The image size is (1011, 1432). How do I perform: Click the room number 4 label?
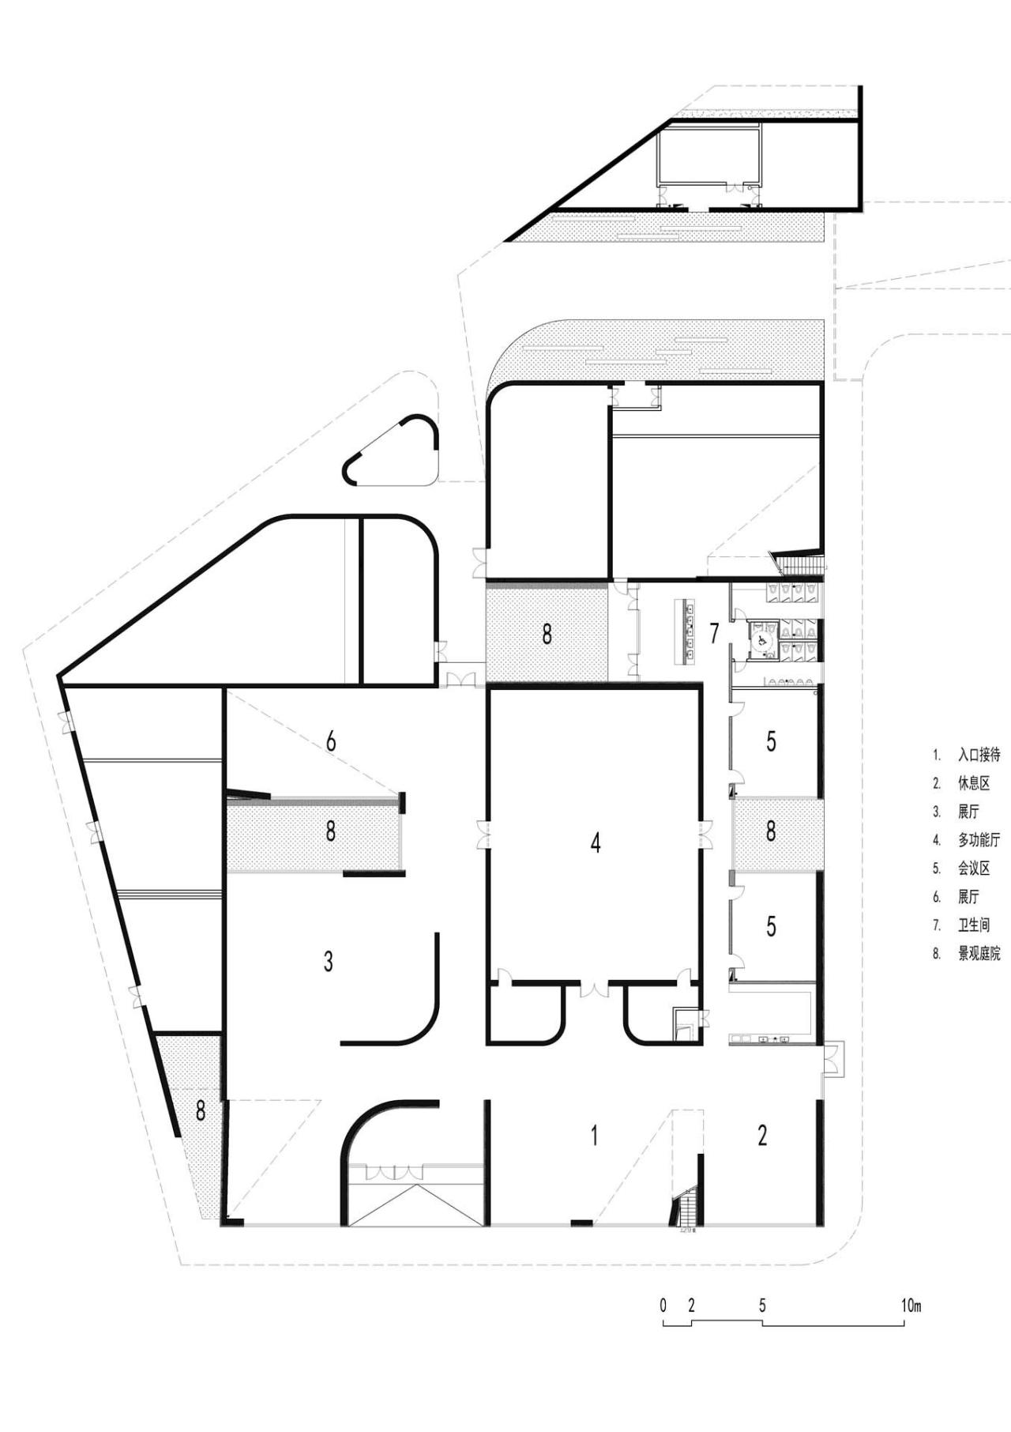click(x=596, y=842)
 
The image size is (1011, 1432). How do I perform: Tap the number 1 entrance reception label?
click(x=594, y=1136)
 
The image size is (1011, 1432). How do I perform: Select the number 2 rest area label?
click(x=762, y=1136)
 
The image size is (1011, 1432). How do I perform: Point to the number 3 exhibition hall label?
click(x=329, y=961)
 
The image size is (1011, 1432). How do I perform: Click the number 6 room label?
click(x=331, y=741)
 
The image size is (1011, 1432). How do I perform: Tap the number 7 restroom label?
click(x=715, y=633)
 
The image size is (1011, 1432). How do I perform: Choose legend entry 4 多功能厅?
click(x=978, y=840)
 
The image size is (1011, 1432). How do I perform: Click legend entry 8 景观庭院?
click(x=978, y=954)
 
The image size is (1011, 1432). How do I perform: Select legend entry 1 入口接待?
click(x=978, y=755)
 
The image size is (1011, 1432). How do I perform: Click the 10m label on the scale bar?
click(x=911, y=1306)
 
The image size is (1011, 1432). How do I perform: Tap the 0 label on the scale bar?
click(x=663, y=1306)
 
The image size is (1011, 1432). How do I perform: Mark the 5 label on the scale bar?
click(x=762, y=1306)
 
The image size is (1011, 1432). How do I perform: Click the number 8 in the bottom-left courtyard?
click(x=201, y=1110)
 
